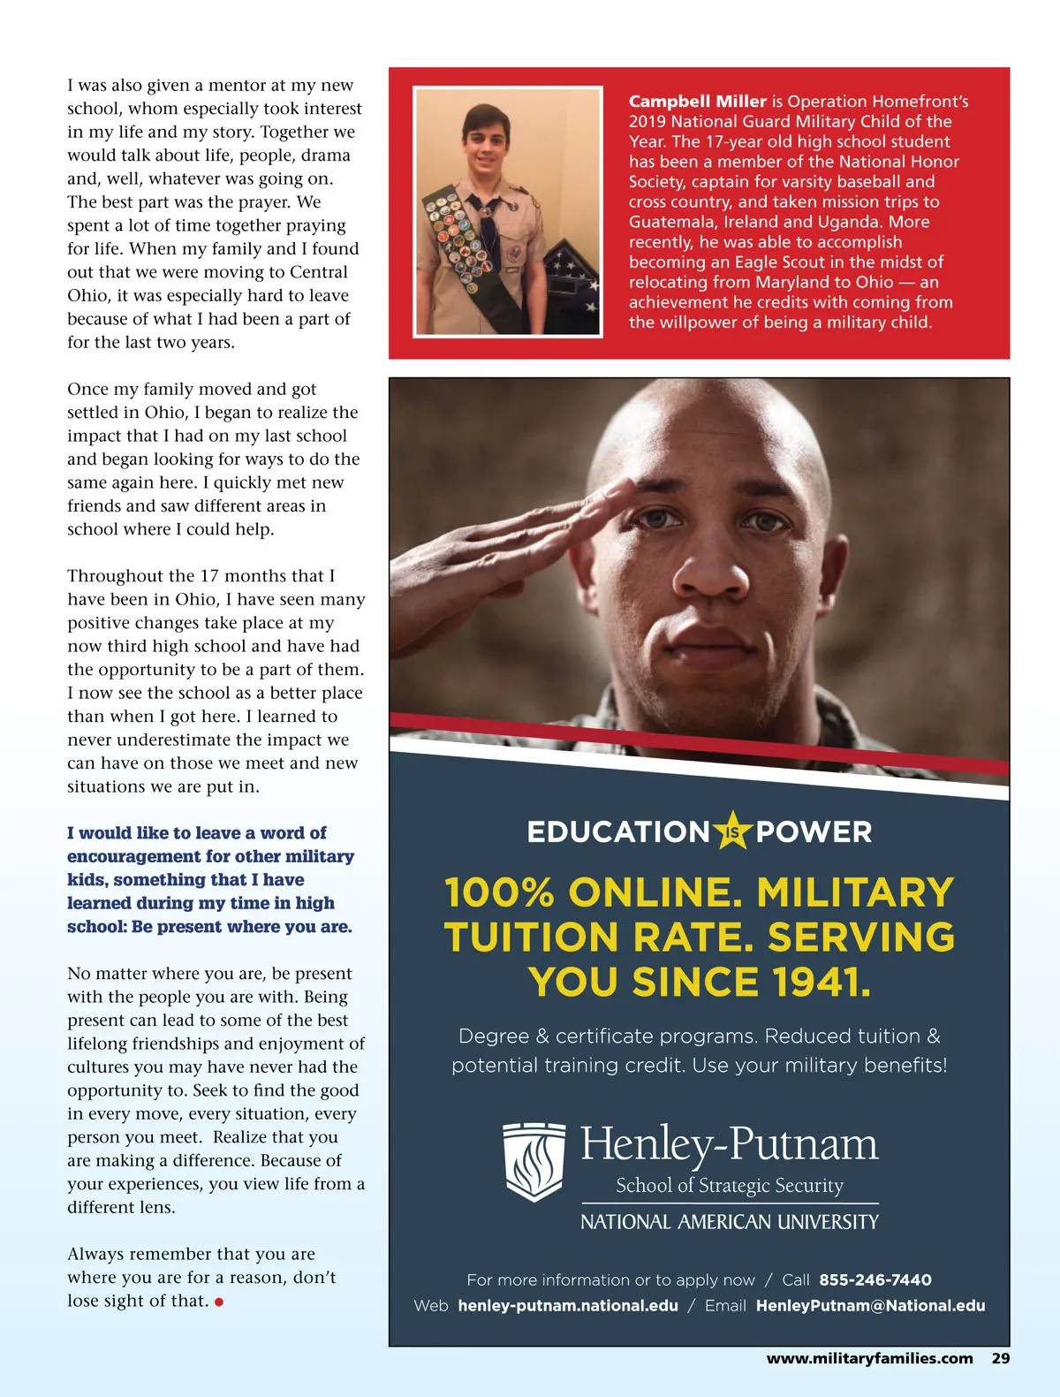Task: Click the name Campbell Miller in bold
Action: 697,102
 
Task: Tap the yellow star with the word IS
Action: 732,831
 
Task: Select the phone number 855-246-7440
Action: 874,1279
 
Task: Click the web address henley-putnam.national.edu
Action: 567,1305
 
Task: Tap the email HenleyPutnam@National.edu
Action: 870,1305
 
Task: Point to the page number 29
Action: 1000,1358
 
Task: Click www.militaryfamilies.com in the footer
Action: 869,1358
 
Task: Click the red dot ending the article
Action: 219,1302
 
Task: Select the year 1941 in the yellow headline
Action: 821,982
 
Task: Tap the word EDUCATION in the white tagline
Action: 618,831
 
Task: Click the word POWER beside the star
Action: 814,831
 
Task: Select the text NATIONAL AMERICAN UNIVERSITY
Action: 729,1222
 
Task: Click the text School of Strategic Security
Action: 729,1185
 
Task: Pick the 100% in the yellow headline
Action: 498,892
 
